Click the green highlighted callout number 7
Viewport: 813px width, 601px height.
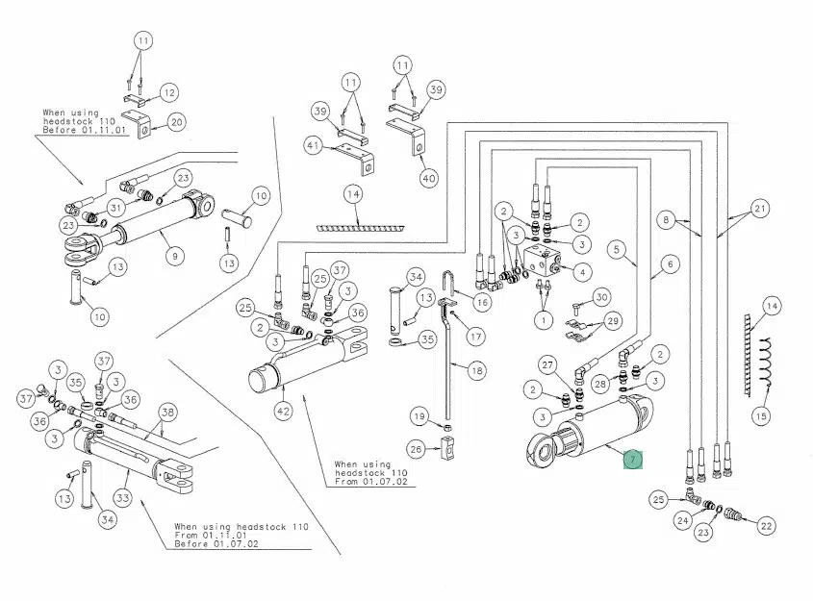[x=632, y=460]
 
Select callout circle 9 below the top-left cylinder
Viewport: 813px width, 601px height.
[x=174, y=256]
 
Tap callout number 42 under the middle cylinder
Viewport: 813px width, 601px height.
[x=282, y=412]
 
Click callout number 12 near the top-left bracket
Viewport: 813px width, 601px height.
[x=168, y=92]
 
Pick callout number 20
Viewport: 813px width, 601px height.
[x=176, y=121]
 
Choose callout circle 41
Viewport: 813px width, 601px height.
[x=313, y=144]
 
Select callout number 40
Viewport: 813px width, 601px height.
[x=429, y=177]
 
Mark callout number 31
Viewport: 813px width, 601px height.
[x=115, y=208]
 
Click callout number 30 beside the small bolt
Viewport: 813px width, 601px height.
[x=601, y=297]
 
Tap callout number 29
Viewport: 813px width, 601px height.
[x=613, y=320]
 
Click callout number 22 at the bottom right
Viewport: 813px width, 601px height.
[x=767, y=525]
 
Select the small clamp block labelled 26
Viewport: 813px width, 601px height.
[x=445, y=447]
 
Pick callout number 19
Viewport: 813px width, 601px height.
[x=419, y=416]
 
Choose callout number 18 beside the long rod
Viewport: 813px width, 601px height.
[x=477, y=369]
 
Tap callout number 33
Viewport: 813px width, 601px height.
[x=122, y=498]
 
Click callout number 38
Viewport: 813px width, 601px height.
[x=167, y=413]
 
